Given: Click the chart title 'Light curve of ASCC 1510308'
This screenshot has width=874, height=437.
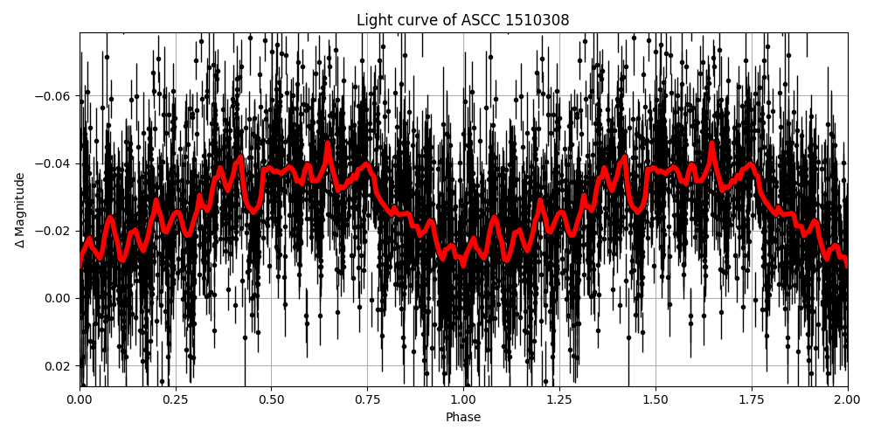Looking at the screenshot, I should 463,20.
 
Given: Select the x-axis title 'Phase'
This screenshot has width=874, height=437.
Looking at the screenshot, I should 463,418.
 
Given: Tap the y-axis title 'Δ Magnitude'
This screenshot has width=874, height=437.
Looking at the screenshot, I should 19,210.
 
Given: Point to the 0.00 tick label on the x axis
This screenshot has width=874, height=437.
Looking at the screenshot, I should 80,400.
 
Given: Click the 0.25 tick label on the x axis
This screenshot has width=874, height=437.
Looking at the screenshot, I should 176,400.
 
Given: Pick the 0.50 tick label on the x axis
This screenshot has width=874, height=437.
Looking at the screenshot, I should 271,400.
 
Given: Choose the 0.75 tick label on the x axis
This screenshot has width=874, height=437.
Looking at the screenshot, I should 367,400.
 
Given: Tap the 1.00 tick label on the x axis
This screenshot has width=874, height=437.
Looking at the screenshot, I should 463,400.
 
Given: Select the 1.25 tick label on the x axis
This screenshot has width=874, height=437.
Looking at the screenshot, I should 559,400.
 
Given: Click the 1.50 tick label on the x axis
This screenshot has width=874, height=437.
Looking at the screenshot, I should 655,400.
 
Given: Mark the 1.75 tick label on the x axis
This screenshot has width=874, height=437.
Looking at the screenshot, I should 752,400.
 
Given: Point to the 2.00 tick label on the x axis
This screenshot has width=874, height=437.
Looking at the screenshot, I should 847,400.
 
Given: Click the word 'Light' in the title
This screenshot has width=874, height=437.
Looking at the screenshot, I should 373,20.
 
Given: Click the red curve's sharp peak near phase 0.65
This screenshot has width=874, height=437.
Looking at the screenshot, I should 329,144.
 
